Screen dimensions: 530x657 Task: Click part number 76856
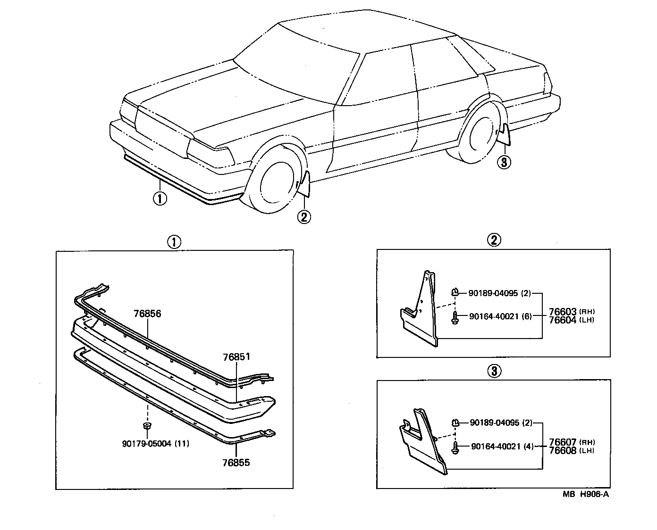pyautogui.click(x=147, y=314)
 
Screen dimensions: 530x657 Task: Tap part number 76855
pyautogui.click(x=236, y=463)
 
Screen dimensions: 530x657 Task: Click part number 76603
pyautogui.click(x=562, y=312)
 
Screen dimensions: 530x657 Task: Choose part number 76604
pyautogui.click(x=562, y=320)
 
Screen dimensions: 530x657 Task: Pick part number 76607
pyautogui.click(x=563, y=442)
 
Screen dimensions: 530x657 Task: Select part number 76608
pyautogui.click(x=563, y=450)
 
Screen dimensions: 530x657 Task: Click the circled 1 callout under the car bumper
pyautogui.click(x=160, y=199)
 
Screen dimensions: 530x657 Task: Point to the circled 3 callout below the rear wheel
pyautogui.click(x=504, y=163)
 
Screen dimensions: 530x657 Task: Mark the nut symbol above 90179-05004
pyautogui.click(x=147, y=426)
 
